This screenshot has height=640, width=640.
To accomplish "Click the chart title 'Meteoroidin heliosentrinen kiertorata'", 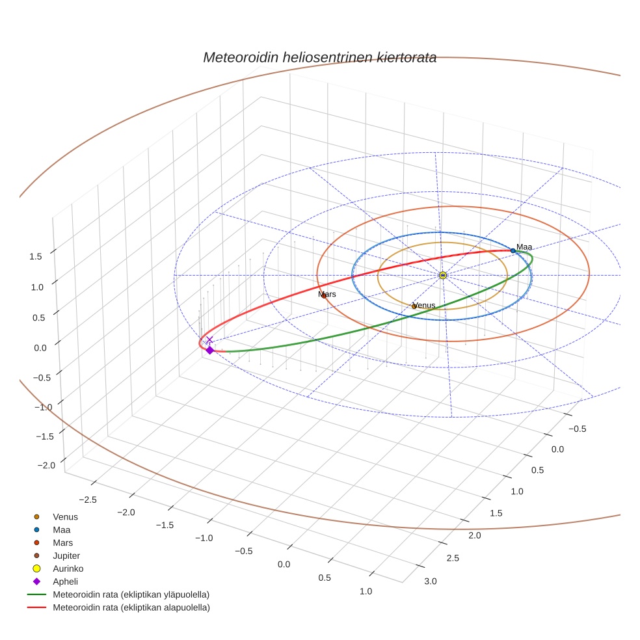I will (319, 57).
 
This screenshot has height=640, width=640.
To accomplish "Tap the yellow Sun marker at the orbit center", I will (442, 275).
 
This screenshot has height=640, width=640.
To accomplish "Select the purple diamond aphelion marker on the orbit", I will (209, 350).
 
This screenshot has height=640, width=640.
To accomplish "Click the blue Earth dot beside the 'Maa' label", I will (513, 250).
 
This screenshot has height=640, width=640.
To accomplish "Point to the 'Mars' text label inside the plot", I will (327, 295).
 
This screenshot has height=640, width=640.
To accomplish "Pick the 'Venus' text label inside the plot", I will (424, 305).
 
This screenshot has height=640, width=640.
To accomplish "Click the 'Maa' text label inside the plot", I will (524, 247).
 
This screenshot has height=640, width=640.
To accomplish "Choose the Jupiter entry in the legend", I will (66, 555).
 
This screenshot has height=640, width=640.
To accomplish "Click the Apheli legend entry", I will (65, 581).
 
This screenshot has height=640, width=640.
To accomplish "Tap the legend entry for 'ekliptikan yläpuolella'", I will (131, 594).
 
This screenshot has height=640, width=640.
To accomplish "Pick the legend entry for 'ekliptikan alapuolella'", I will (131, 607).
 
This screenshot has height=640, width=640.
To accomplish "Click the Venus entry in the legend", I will (65, 516).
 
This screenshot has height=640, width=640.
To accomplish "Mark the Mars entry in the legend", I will (62, 542).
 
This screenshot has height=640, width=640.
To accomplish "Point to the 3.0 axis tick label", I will (431, 580).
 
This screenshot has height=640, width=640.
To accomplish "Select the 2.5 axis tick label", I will (452, 557).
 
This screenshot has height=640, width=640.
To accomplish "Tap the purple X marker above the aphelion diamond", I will (209, 340).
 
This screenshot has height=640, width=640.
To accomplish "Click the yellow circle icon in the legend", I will (36, 568).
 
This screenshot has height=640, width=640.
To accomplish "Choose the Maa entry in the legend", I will (62, 529).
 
